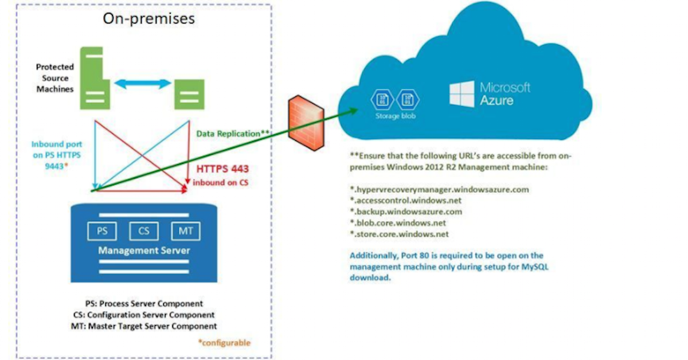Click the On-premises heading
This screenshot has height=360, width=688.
148,18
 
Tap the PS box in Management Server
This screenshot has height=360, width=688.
101,231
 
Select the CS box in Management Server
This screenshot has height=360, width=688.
143,231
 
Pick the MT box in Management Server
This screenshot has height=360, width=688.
185,231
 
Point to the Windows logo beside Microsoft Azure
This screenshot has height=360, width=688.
462,94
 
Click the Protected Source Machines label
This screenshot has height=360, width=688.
54,78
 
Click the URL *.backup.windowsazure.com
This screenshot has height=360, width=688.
406,212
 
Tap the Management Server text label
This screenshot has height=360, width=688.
144,251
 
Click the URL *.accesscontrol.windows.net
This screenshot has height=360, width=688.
405,200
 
